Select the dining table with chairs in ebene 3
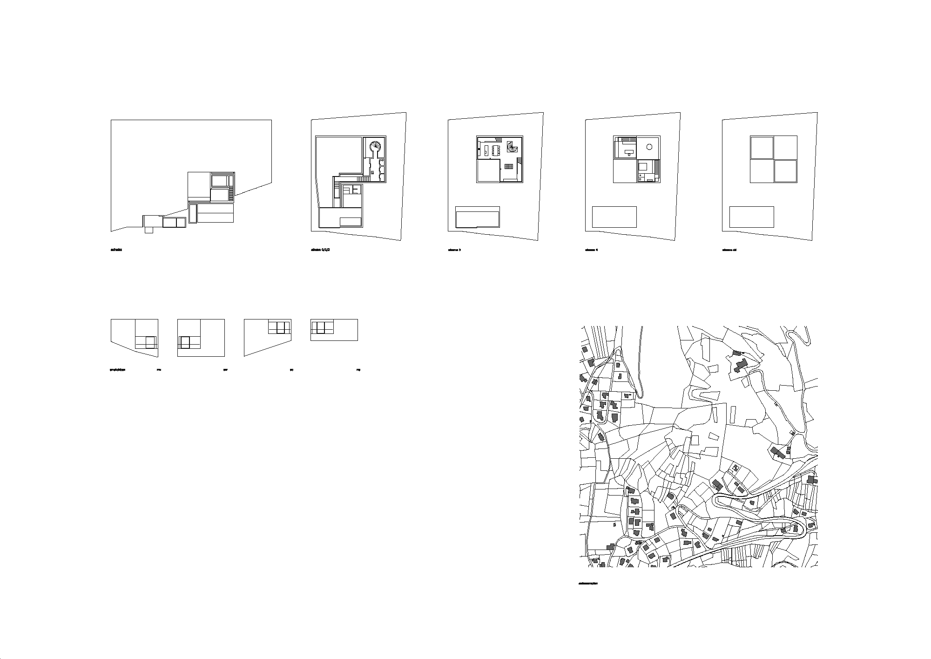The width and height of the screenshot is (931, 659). (496, 150)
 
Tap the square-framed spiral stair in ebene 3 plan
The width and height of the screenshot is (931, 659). (512, 148)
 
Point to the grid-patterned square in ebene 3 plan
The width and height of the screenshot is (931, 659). (509, 166)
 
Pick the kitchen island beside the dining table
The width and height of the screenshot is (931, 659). (486, 150)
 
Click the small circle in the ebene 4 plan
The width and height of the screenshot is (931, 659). (649, 147)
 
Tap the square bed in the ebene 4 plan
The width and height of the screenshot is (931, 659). (643, 167)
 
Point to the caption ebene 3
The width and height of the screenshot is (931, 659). (454, 250)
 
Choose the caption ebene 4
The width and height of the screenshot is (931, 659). (591, 250)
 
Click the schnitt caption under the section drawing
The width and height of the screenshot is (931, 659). (116, 250)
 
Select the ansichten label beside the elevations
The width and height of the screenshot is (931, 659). (117, 370)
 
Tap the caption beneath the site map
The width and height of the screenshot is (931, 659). (587, 583)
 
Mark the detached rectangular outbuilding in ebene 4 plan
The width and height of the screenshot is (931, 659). (614, 217)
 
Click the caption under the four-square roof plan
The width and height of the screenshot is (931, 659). (729, 250)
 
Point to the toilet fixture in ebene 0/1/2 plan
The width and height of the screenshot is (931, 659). (383, 160)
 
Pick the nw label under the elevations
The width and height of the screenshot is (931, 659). (159, 370)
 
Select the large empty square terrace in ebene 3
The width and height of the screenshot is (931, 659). (488, 170)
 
